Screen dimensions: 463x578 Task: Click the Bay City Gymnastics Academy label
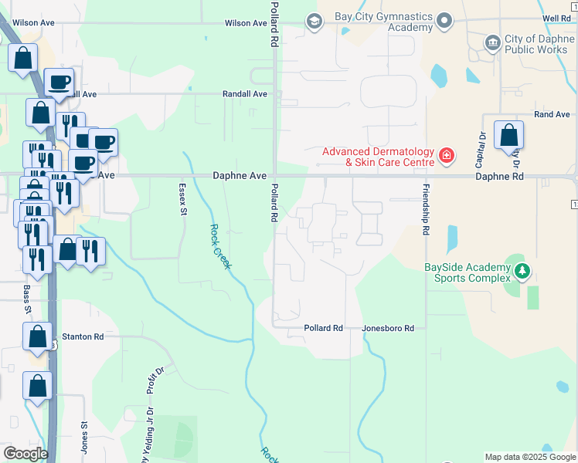(x=384, y=22)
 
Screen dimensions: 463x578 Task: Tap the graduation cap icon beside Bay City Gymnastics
(x=314, y=21)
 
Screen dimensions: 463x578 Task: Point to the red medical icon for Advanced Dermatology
(x=446, y=157)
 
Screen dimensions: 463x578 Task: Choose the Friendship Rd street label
(x=425, y=209)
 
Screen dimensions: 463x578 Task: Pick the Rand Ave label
(x=552, y=115)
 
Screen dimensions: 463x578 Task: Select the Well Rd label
(x=556, y=18)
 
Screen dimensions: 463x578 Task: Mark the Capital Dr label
(x=481, y=149)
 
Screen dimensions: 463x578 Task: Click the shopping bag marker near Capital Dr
(x=508, y=135)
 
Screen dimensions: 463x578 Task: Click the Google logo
(x=25, y=454)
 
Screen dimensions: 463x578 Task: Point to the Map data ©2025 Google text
(x=529, y=457)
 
